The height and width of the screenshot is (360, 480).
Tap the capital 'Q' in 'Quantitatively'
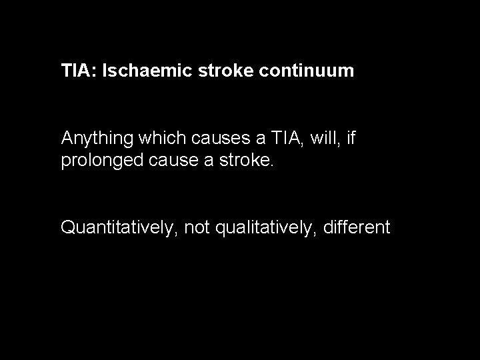(x=68, y=228)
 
